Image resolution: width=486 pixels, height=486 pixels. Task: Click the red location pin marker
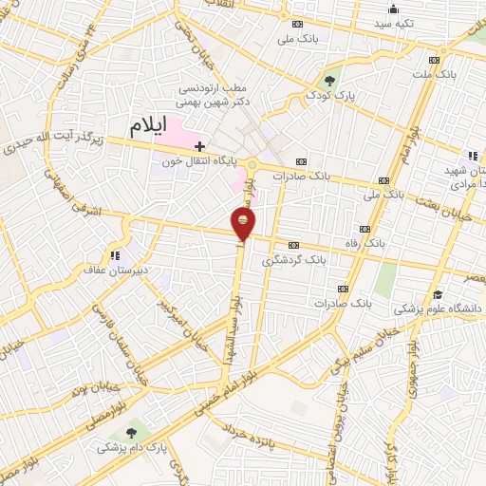point(244,224)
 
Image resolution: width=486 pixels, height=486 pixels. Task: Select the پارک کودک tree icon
point(329,81)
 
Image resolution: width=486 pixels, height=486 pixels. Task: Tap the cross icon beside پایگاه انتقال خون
point(198,146)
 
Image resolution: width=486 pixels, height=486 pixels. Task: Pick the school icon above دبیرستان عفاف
point(115,254)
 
